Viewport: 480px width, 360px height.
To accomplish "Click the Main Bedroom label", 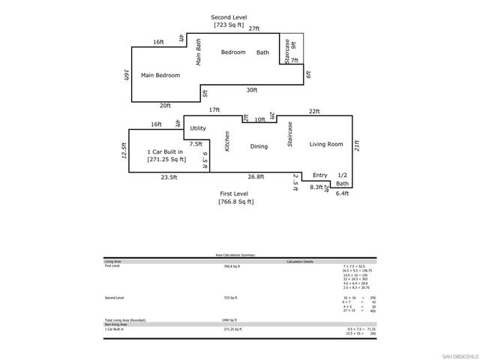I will pos(159,76).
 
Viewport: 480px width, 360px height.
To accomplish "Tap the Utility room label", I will pos(198,128).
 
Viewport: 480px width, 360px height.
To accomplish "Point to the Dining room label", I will pos(259,146).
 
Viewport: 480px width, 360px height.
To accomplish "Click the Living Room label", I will pos(325,144).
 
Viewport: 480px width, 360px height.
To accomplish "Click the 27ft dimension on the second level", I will pos(254,28).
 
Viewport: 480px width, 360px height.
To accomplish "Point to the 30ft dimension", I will pos(252,90).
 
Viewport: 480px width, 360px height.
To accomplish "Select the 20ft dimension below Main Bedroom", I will pos(165,106).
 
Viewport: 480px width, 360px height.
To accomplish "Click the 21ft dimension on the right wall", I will pos(357,147).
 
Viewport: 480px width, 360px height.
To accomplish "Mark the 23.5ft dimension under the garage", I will pos(169,178).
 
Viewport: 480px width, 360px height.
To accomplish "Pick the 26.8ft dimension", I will pos(256,178).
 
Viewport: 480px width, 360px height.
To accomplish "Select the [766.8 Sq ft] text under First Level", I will pos(235,202).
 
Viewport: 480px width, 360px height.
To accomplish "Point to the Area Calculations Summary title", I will pos(236,255).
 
